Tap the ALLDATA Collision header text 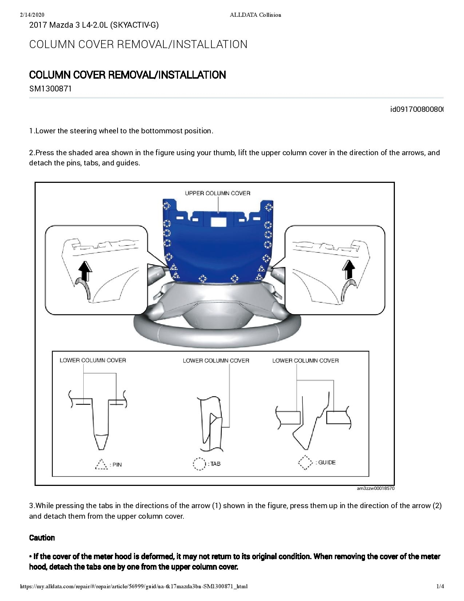tap(255, 15)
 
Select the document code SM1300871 tap(50, 89)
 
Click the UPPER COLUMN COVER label tap(218, 193)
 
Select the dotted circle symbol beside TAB tap(199, 464)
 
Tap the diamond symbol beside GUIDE tap(305, 463)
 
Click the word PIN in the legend tap(117, 465)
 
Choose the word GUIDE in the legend tap(327, 463)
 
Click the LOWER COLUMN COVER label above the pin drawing tap(93, 360)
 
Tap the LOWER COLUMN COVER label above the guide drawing tap(305, 361)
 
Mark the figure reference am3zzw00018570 tap(376, 488)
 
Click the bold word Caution tap(42, 538)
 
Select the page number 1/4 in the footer tap(440, 586)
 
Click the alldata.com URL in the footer tap(134, 586)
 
